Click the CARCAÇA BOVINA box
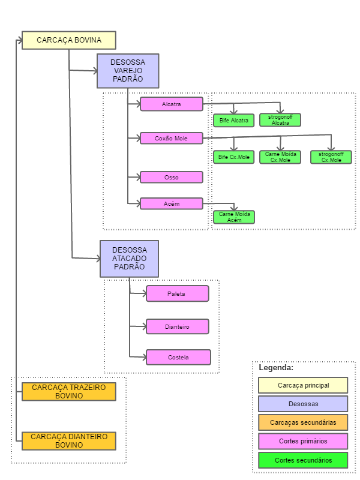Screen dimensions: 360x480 [x=69, y=40]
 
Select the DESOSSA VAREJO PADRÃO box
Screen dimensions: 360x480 [x=128, y=71]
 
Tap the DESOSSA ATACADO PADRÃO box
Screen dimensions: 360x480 [x=129, y=259]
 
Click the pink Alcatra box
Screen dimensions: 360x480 [x=172, y=104]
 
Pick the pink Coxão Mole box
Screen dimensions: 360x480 [x=172, y=139]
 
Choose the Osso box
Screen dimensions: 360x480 [x=172, y=177]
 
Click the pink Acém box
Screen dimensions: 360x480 [x=172, y=203]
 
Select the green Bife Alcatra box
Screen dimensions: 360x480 [x=234, y=121]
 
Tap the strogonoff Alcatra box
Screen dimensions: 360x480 [x=280, y=119]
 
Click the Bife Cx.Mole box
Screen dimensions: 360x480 [x=234, y=157]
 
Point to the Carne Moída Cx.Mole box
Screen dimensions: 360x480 [x=280, y=157]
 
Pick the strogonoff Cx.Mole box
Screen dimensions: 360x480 [x=331, y=157]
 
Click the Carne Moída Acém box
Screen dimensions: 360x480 [x=234, y=217]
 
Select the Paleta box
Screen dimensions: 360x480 [x=178, y=293]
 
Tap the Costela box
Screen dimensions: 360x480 [x=178, y=357]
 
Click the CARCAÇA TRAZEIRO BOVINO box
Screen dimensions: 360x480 [x=69, y=392]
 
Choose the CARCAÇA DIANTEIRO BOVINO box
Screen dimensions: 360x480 [x=69, y=441]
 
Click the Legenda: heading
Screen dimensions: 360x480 [x=276, y=368]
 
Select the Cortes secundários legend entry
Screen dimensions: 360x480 [x=303, y=460]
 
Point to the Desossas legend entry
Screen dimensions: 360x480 [x=303, y=404]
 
